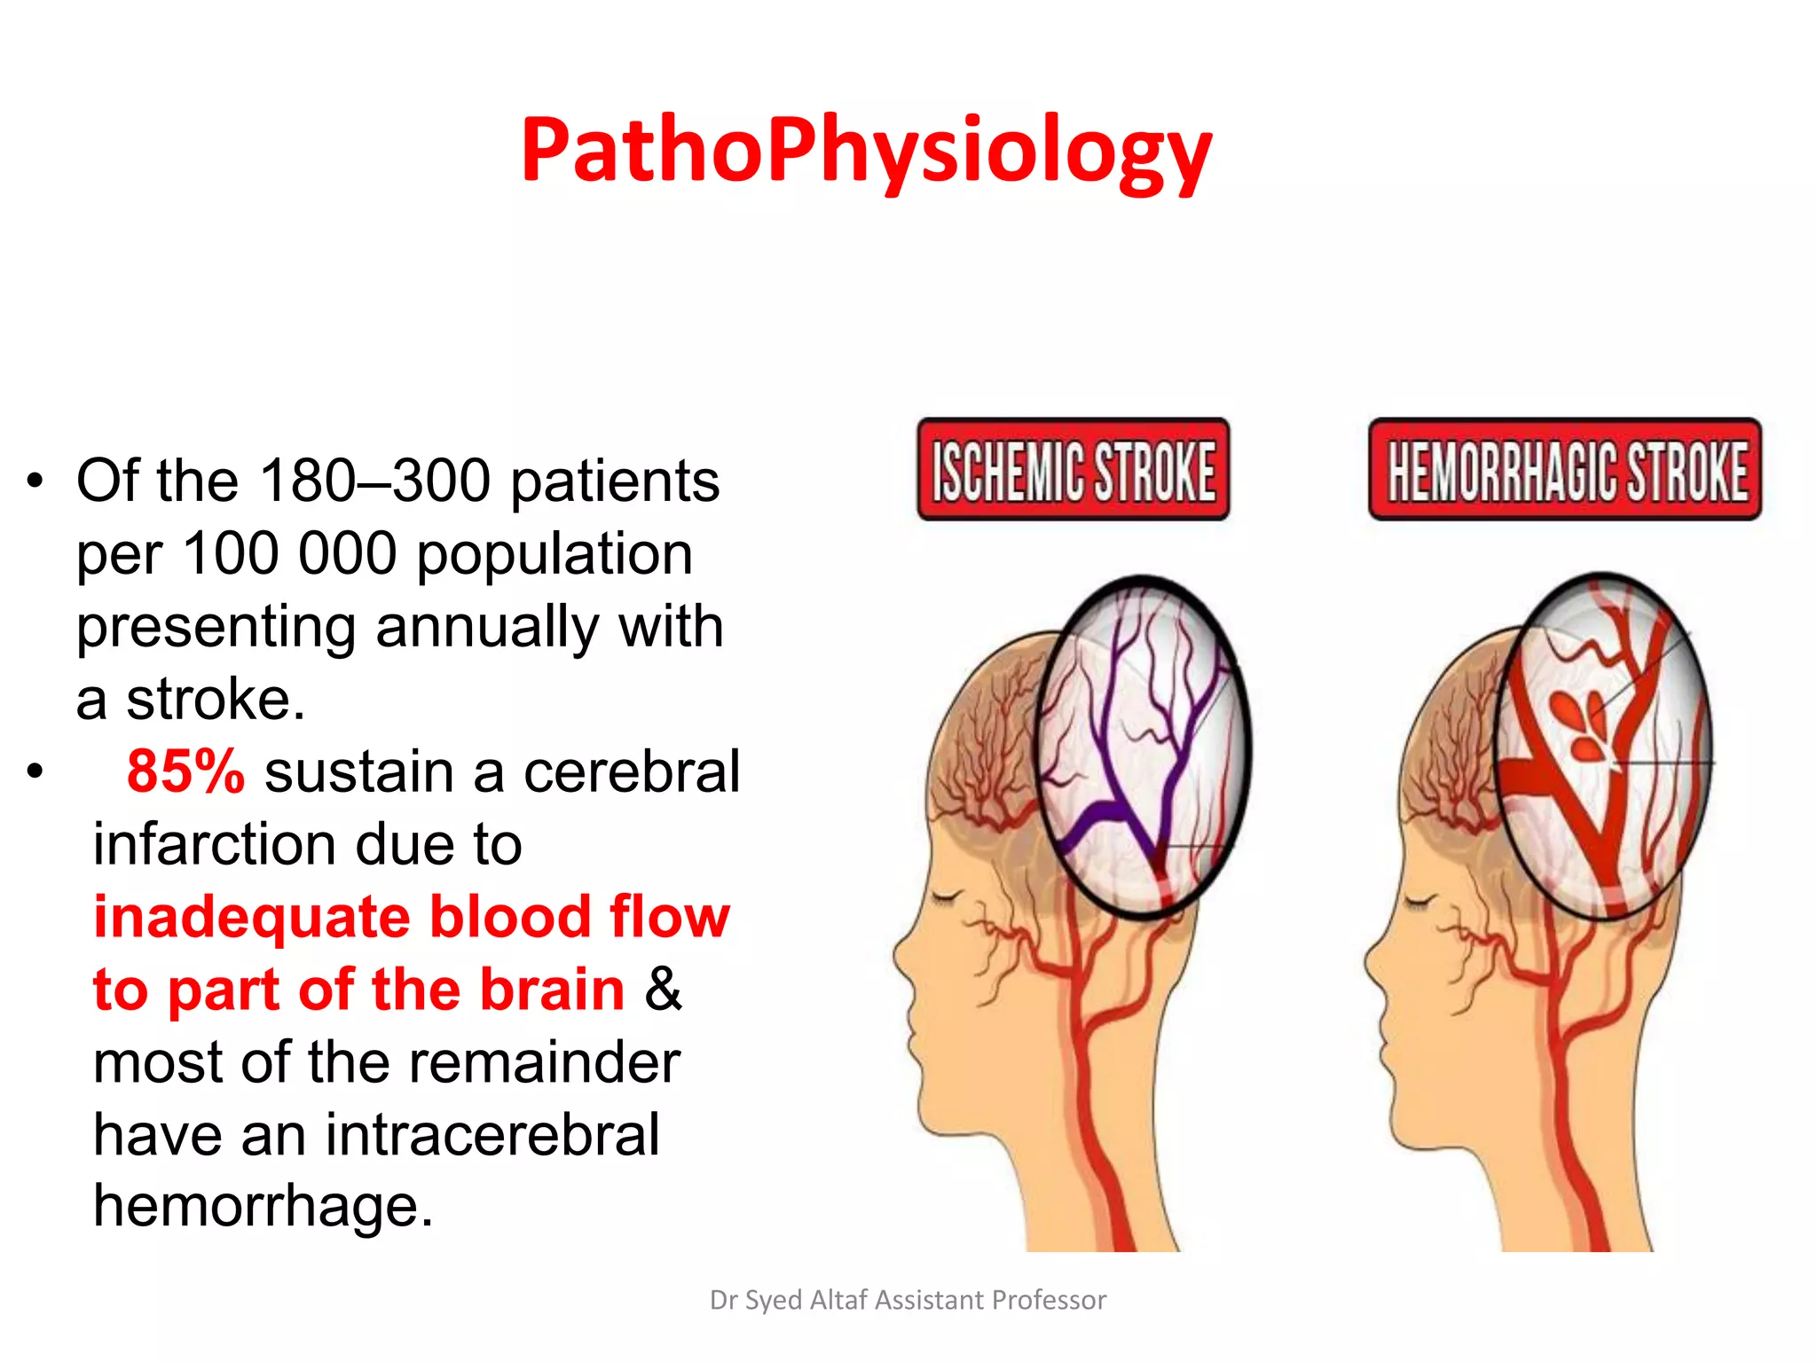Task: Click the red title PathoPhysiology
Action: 866,151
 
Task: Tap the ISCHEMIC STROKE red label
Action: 1074,470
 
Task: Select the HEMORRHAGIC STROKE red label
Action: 1565,470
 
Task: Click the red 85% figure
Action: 185,771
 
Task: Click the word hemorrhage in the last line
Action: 264,1206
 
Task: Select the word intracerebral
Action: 492,1134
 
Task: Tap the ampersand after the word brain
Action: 663,990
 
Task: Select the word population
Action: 554,555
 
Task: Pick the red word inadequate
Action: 253,917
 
